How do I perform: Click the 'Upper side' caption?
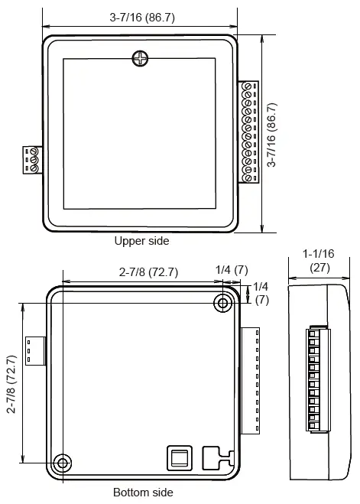coord(141,240)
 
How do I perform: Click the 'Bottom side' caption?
coord(143,492)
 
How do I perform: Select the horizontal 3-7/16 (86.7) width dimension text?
coord(141,17)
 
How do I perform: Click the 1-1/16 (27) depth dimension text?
coord(318,260)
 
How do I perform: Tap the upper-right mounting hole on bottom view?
coord(223,304)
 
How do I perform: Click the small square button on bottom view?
coord(179,457)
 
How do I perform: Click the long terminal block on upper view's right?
coord(247,132)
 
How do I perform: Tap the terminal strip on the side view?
coord(313,379)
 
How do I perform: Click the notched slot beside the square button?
coord(218,457)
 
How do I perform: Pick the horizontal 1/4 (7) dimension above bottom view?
coord(232,270)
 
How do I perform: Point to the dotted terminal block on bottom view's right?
coord(251,380)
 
